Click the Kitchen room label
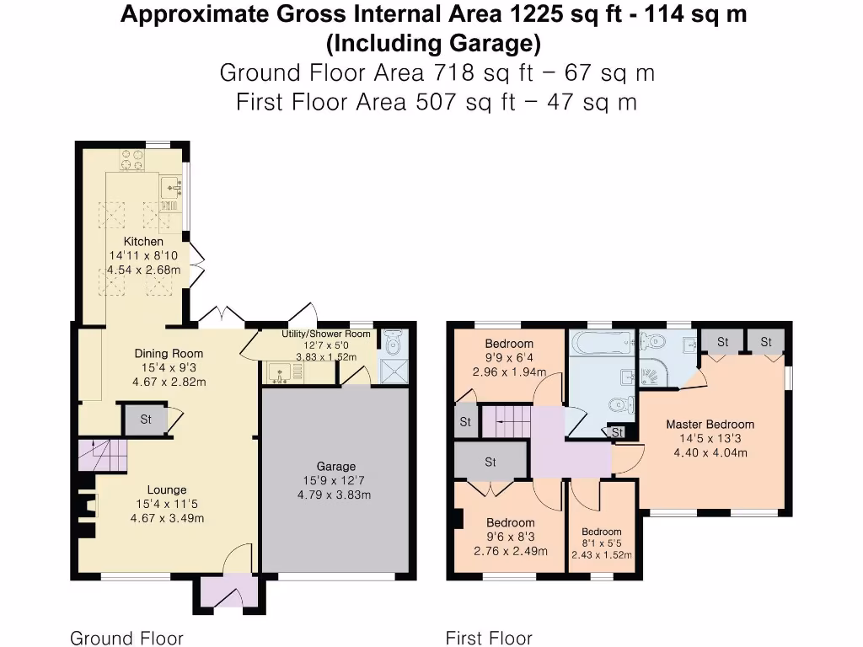(x=144, y=242)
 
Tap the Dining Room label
(x=169, y=354)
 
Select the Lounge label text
(x=166, y=489)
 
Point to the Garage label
(x=335, y=466)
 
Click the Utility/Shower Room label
(x=325, y=334)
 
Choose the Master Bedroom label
(x=710, y=424)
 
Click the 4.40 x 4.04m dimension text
(x=710, y=452)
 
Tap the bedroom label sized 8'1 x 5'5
(x=601, y=532)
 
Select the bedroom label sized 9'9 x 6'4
(x=509, y=344)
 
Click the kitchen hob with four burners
(x=131, y=159)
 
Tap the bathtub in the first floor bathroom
(x=599, y=343)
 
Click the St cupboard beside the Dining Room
(x=146, y=419)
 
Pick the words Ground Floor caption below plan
(x=126, y=638)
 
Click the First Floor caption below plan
(x=489, y=638)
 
